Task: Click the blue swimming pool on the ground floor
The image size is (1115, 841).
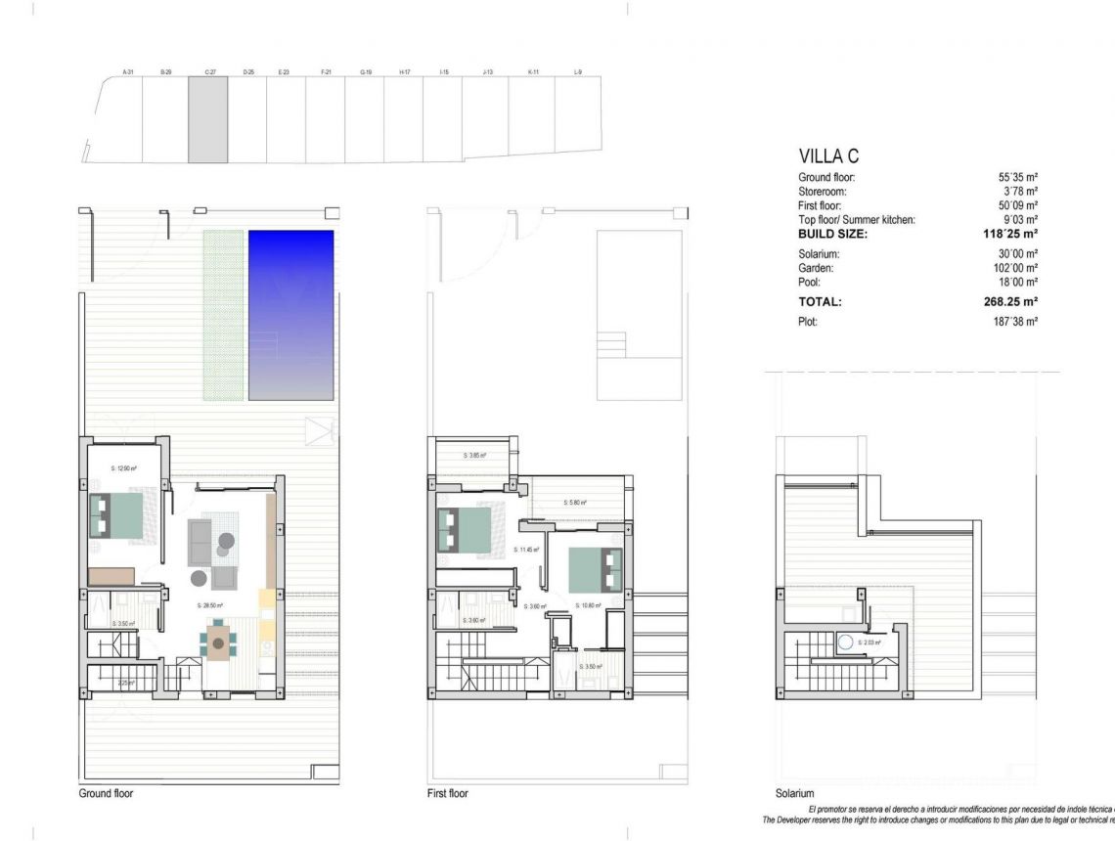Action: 290,314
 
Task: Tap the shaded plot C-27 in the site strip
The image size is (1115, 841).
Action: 208,120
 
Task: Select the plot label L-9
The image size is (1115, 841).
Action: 578,72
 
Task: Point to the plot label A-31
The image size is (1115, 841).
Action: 127,72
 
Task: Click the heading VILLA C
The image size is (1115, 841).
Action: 828,156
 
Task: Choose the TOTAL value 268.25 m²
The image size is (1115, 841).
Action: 1010,302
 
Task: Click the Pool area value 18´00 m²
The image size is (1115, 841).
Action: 1018,282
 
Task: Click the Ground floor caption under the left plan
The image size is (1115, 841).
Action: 106,793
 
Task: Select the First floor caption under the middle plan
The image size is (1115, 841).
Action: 448,793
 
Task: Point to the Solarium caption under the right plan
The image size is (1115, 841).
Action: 794,793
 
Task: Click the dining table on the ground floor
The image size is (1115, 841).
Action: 218,643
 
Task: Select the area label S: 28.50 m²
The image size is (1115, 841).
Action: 209,605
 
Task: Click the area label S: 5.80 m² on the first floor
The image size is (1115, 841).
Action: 575,503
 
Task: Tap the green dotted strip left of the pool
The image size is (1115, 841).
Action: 223,314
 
